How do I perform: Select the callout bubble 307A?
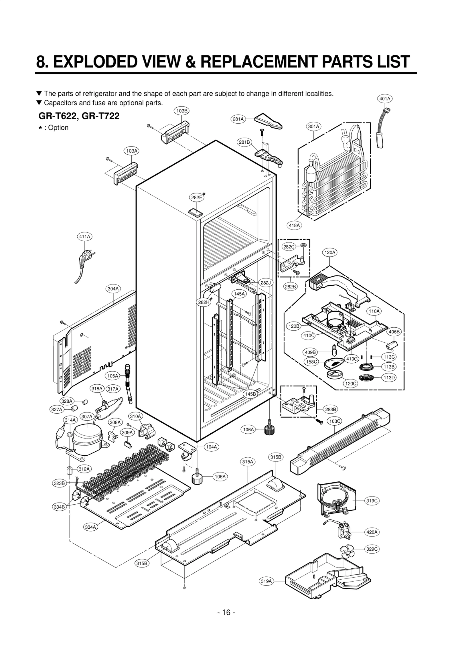pos(87,416)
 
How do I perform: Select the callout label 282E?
pos(197,197)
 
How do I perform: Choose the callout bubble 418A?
pos(294,225)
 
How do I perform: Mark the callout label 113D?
pos(389,378)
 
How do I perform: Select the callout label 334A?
pos(90,527)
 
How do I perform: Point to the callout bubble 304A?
pos(113,289)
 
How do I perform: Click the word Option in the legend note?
pos(58,128)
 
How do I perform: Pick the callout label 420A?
pos(372,532)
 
